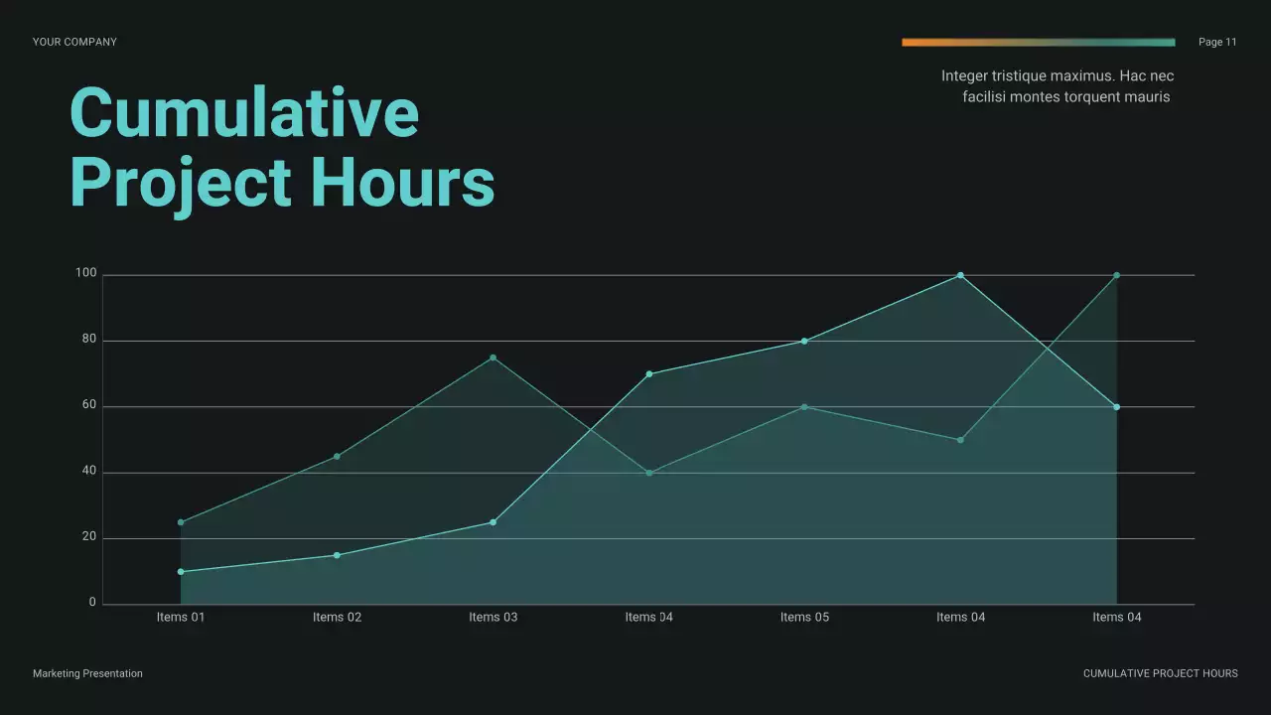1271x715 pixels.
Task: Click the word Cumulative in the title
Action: click(244, 113)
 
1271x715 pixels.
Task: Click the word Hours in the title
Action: click(402, 183)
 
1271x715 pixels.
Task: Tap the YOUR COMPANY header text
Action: click(74, 42)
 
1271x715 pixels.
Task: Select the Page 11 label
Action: click(1217, 42)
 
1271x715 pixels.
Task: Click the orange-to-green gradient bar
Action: click(1038, 43)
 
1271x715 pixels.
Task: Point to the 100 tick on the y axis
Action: click(85, 273)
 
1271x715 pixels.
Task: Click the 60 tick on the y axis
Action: click(88, 405)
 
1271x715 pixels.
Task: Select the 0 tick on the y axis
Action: click(92, 602)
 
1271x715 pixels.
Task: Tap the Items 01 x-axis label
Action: click(181, 617)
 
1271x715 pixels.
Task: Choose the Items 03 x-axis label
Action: click(493, 617)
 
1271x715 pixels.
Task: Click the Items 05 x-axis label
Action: click(804, 617)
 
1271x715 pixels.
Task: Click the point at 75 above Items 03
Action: click(493, 357)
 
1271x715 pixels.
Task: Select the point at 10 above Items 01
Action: click(181, 572)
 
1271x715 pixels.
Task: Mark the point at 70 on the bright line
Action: click(649, 374)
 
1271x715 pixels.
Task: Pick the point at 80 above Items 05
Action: click(804, 342)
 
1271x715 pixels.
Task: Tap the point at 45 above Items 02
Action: click(337, 457)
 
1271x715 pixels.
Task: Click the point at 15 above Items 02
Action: click(337, 555)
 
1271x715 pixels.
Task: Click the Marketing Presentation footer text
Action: click(87, 673)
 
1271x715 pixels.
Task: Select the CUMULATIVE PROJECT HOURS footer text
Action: click(1160, 673)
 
